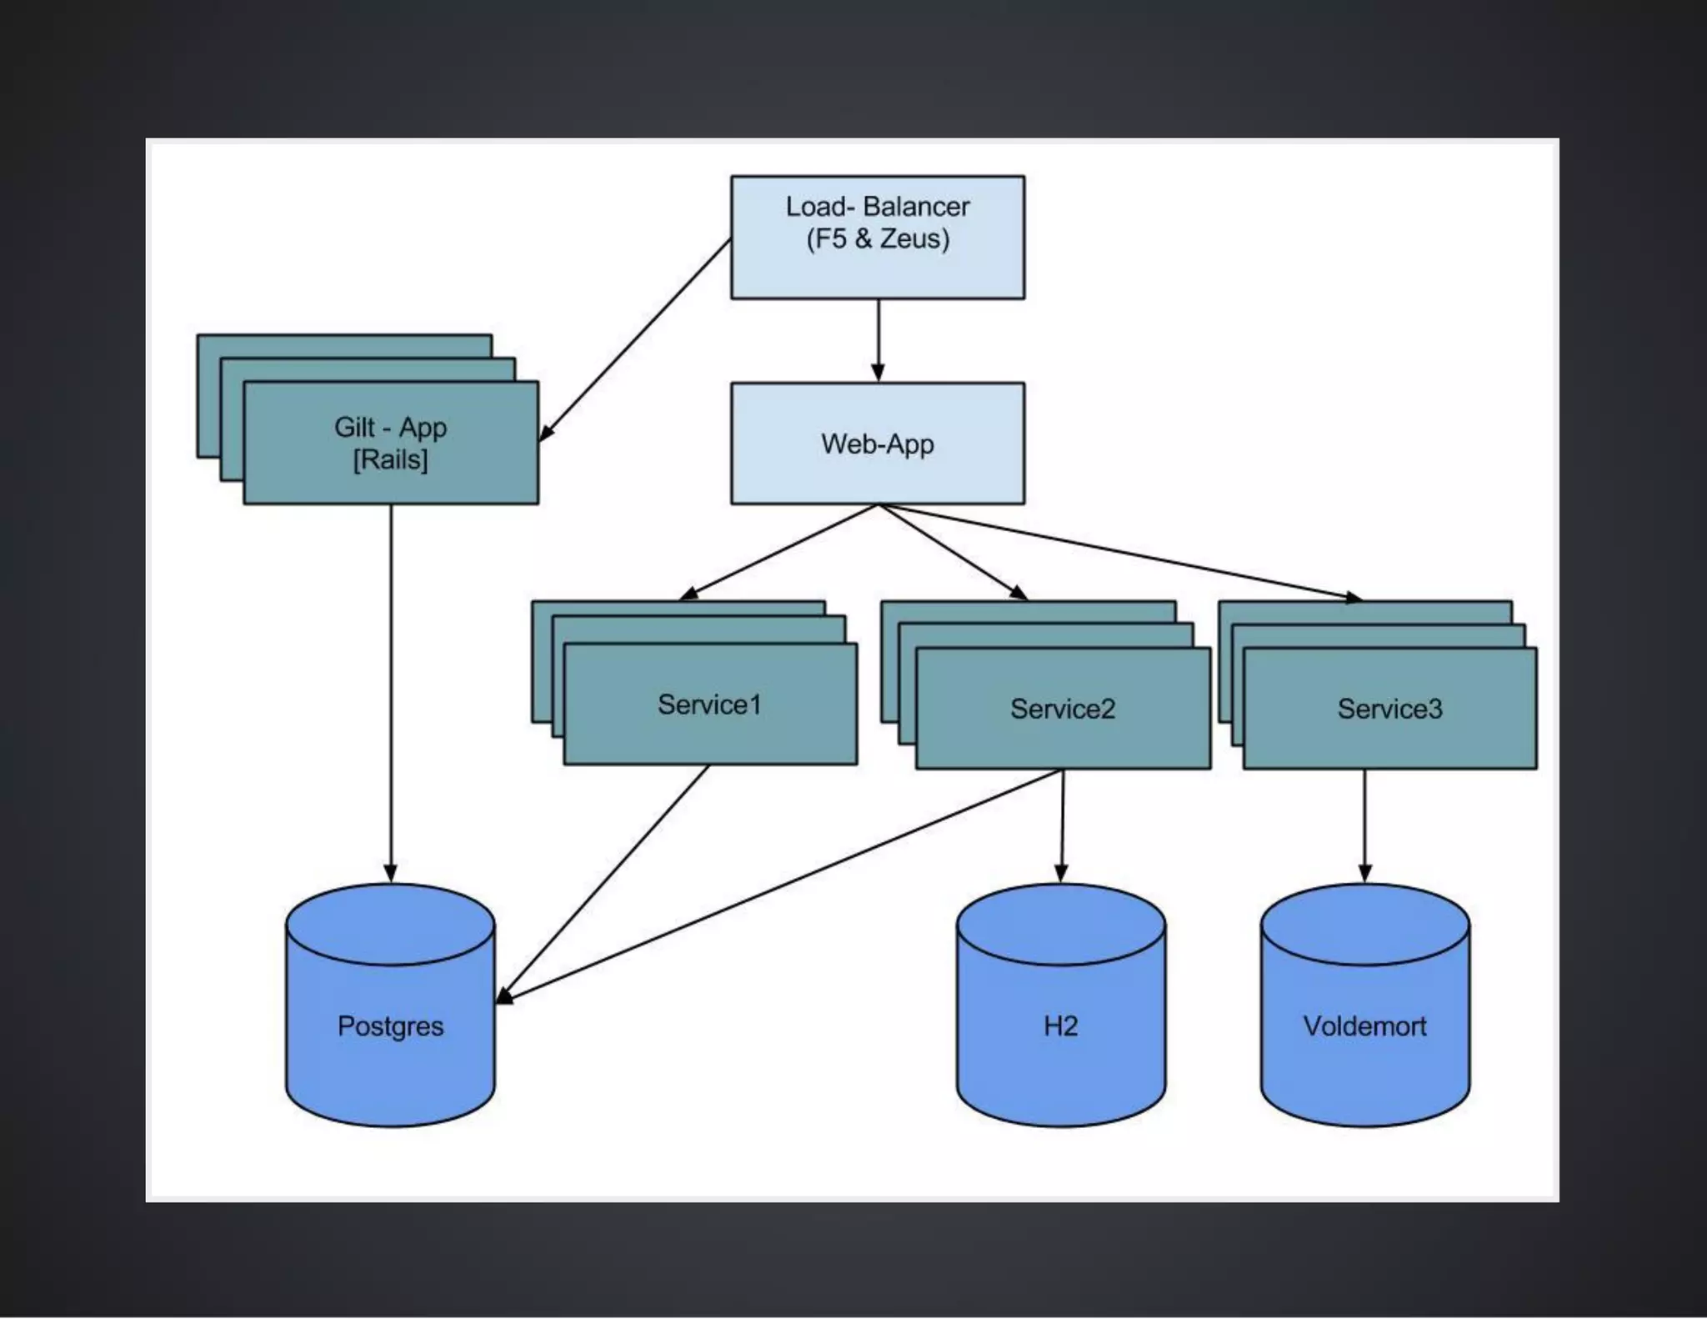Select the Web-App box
point(878,444)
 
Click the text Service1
point(709,705)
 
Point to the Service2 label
point(1063,709)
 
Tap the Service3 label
point(1389,709)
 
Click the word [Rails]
point(390,459)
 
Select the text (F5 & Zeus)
point(878,239)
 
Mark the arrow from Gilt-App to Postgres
point(390,692)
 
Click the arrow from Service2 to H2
point(1062,825)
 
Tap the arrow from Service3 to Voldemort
point(1364,825)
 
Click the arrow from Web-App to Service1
point(780,551)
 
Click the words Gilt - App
point(390,427)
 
